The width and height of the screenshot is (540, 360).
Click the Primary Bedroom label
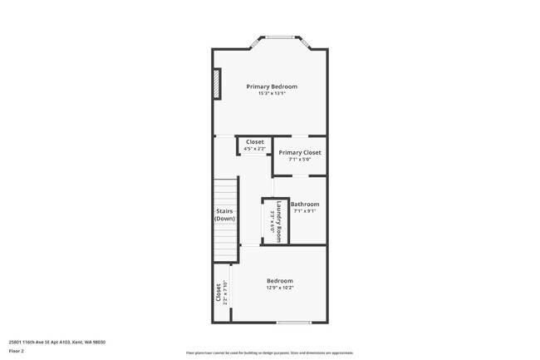pyautogui.click(x=271, y=86)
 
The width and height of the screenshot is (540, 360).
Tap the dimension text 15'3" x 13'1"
pyautogui.click(x=271, y=94)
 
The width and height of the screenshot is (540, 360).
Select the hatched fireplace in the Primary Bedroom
pyautogui.click(x=218, y=85)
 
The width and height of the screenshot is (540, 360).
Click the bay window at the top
pyautogui.click(x=280, y=37)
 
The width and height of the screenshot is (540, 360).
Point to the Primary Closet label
pyautogui.click(x=299, y=152)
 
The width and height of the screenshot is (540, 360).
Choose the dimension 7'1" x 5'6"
pyautogui.click(x=299, y=160)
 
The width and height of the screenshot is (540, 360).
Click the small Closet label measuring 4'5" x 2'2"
pyautogui.click(x=254, y=142)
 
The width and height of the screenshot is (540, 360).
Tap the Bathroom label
pyautogui.click(x=305, y=204)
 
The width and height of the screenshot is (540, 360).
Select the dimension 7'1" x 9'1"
pyautogui.click(x=305, y=211)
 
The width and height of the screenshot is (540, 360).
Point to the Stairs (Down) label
pyautogui.click(x=224, y=215)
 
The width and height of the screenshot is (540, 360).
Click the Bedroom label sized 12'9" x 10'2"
pyautogui.click(x=279, y=281)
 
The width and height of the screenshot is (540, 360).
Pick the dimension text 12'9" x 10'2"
pyautogui.click(x=279, y=288)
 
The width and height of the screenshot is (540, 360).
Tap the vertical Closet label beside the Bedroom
pyautogui.click(x=219, y=293)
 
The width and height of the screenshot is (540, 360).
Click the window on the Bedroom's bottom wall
pyautogui.click(x=293, y=323)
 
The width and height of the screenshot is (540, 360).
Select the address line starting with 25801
pyautogui.click(x=56, y=342)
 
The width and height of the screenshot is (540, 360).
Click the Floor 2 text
pyautogui.click(x=16, y=351)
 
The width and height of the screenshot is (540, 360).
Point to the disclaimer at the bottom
pyautogui.click(x=269, y=353)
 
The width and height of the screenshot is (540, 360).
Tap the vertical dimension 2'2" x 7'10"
pyautogui.click(x=225, y=293)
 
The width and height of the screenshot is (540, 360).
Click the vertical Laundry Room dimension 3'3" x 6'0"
pyautogui.click(x=272, y=221)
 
